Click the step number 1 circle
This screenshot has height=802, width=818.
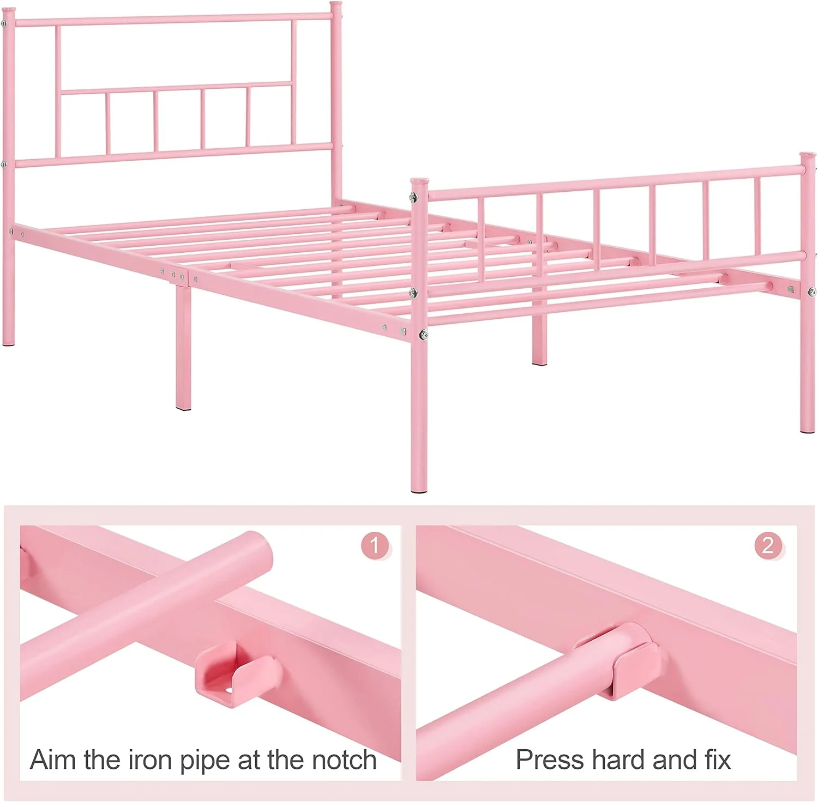pos(375,545)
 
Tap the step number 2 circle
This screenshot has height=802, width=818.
pos(768,545)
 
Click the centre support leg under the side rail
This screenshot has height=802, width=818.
pos(183,347)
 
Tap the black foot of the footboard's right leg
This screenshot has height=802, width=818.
pos(808,430)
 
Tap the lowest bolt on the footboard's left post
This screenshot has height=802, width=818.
pos(422,333)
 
